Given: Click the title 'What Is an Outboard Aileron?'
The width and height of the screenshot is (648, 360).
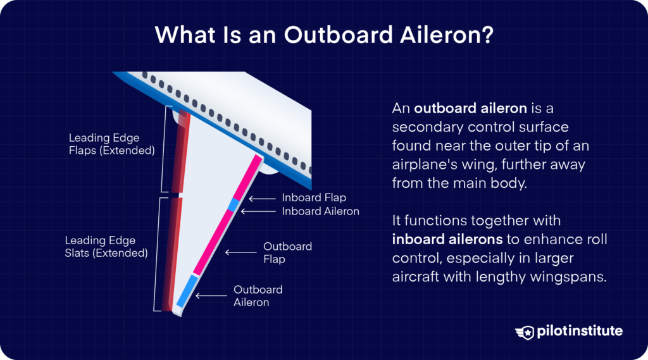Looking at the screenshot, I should coord(323,35).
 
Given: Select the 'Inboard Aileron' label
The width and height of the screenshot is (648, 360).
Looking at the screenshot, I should coord(320,211).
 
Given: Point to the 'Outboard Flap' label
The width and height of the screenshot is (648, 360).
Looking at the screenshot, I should coord(287,252).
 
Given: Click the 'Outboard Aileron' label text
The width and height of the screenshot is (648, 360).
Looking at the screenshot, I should coord(258,295).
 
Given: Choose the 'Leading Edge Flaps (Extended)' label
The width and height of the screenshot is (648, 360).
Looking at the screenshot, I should coord(113,144).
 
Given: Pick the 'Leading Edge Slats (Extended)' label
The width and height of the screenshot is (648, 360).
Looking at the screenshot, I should coord(106,247).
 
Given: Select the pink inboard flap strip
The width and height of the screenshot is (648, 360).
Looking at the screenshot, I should coord(247,177).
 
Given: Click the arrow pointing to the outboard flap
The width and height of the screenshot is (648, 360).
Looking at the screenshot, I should coord(241,252).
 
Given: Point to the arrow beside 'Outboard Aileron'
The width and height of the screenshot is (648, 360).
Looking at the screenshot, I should coord(211,295).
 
